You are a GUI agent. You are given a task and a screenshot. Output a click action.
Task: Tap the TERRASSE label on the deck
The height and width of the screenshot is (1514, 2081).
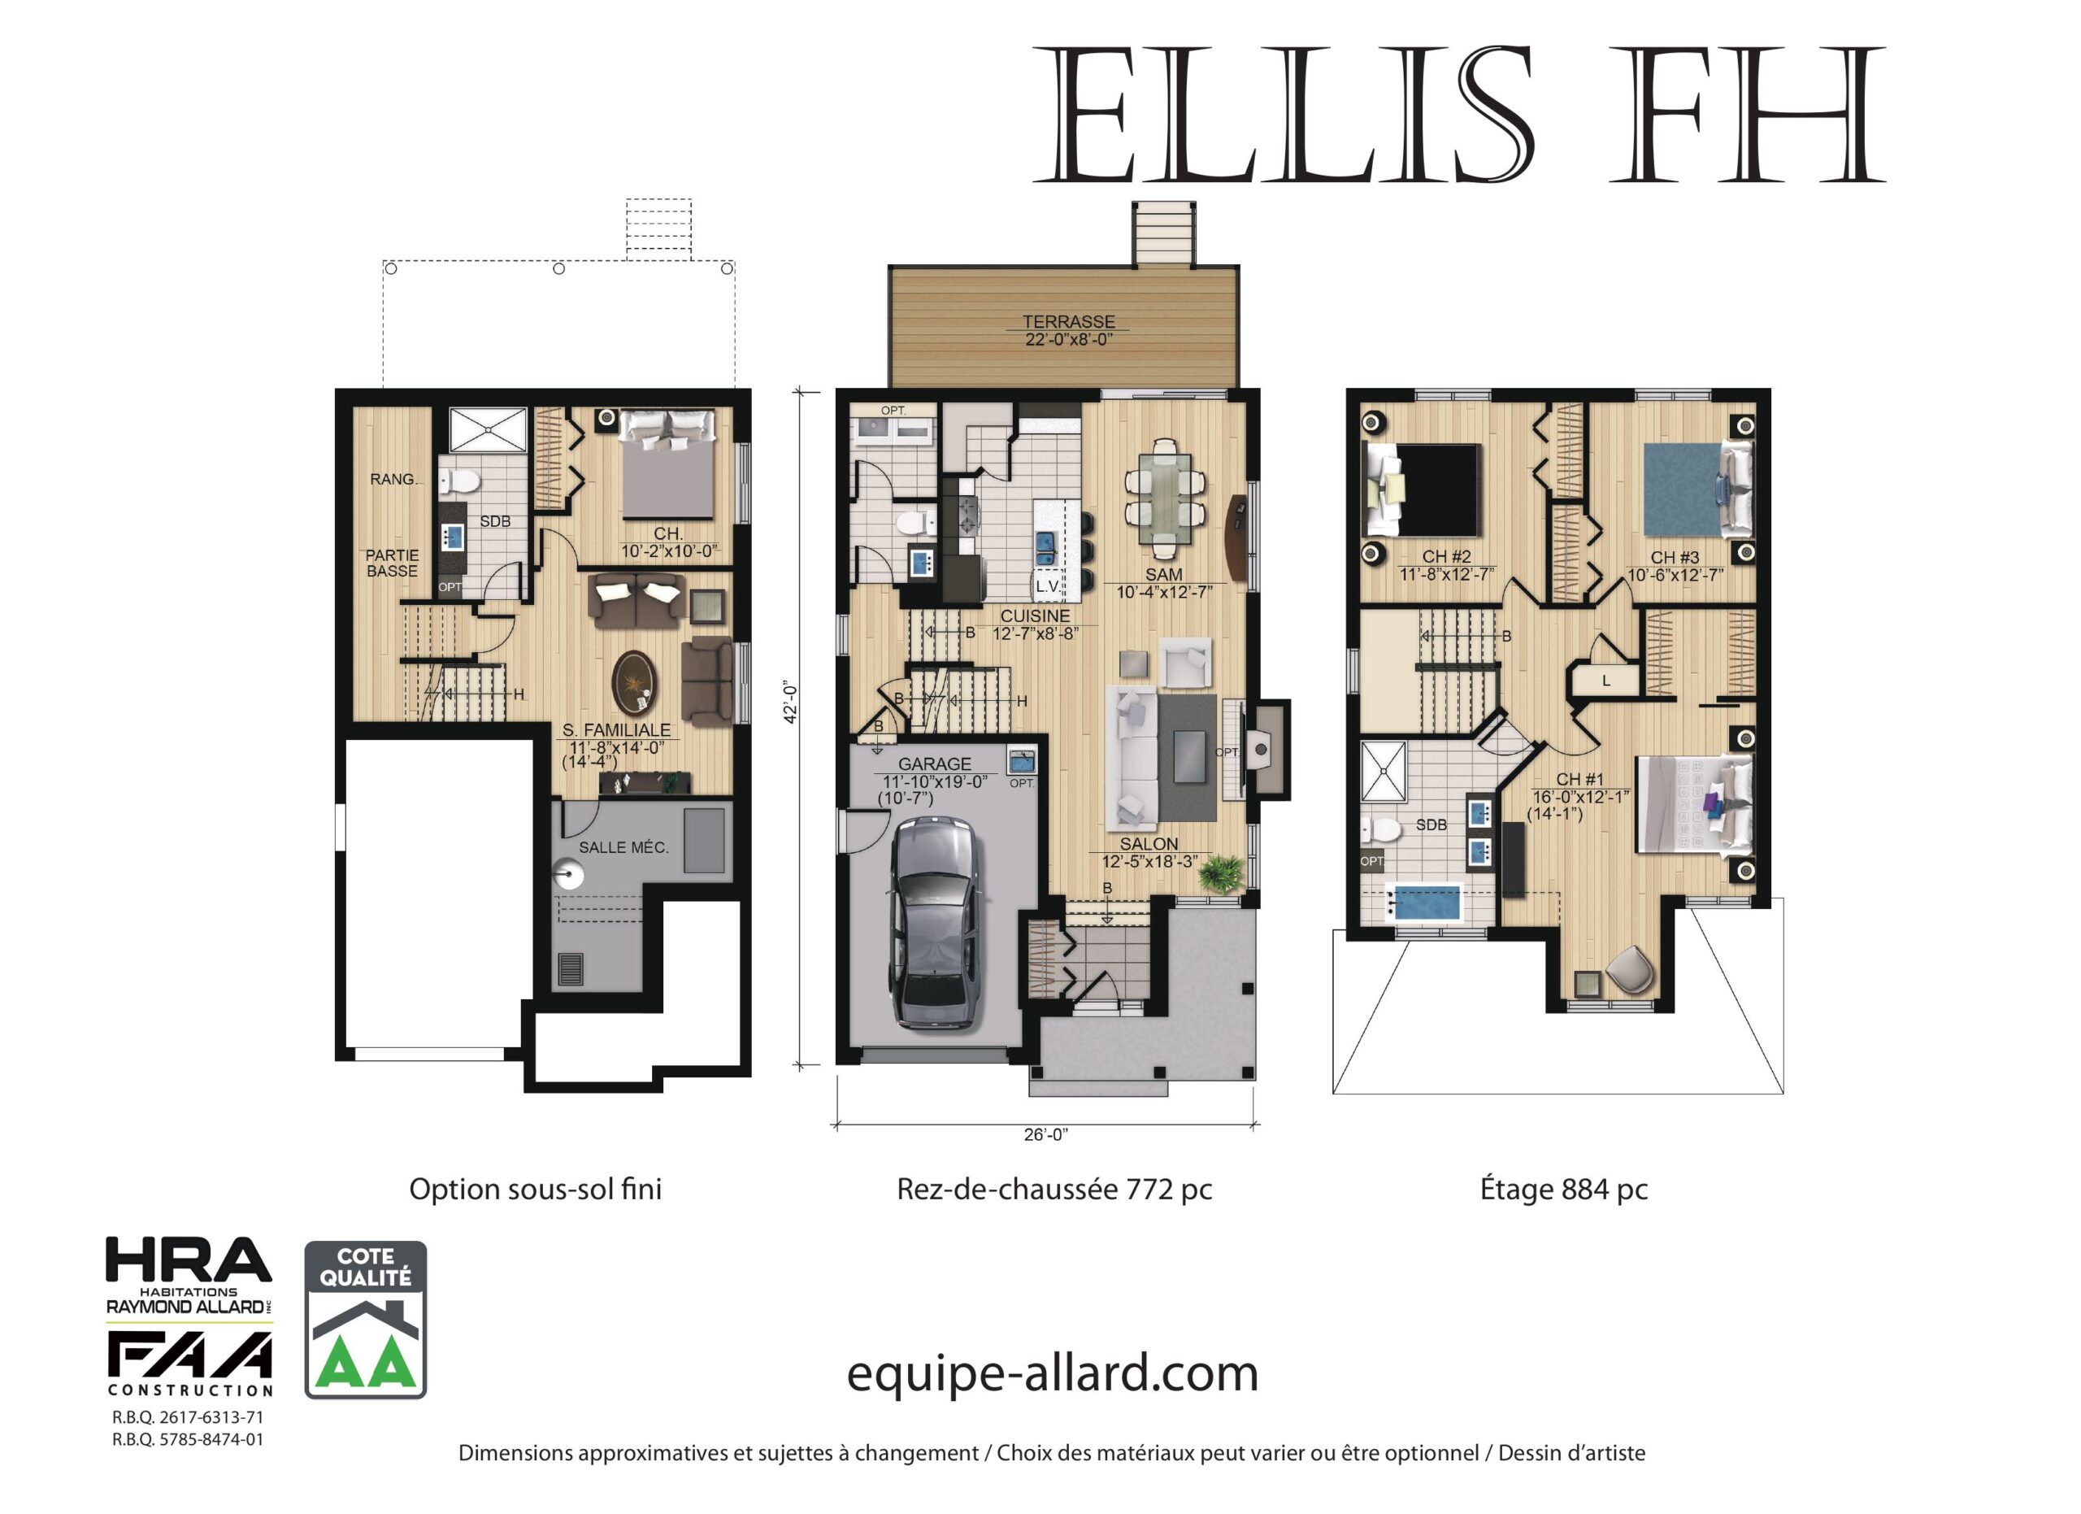click(x=1069, y=322)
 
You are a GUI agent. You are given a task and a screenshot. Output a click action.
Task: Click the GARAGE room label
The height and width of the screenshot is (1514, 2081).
click(x=934, y=764)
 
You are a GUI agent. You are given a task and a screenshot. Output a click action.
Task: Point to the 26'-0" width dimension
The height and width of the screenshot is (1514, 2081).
click(x=1046, y=1135)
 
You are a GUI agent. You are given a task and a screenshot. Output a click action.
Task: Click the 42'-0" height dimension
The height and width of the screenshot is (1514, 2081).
click(x=790, y=702)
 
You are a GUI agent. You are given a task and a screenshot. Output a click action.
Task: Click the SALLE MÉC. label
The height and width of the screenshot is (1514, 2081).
click(x=624, y=848)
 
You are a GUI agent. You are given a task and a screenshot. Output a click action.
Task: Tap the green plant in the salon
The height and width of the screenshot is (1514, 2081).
click(x=1221, y=871)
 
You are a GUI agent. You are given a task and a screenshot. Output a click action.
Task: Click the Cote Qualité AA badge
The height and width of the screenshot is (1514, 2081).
click(x=365, y=1320)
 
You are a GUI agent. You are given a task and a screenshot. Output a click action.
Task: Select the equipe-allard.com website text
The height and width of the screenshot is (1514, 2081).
click(x=1053, y=1374)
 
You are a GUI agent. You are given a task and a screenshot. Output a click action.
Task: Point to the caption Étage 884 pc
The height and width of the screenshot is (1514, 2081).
click(x=1563, y=1190)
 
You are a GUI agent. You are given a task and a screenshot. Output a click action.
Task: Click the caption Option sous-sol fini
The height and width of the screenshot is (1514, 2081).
click(x=535, y=1190)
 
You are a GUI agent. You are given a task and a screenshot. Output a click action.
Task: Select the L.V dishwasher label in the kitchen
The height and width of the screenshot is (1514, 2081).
click(x=1047, y=586)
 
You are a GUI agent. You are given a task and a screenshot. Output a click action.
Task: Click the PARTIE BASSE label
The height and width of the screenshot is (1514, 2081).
click(x=392, y=563)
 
